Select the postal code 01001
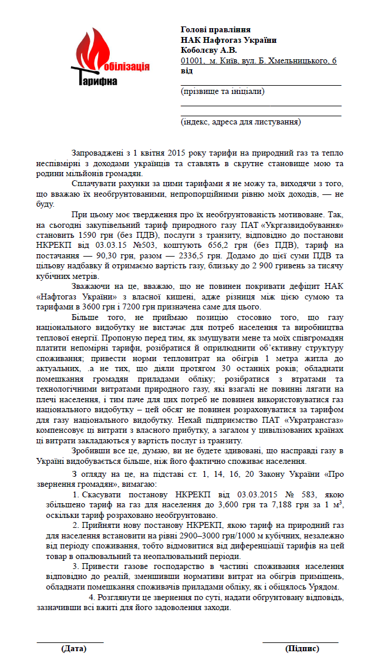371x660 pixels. click(x=192, y=60)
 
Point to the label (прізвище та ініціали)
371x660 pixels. click(x=222, y=92)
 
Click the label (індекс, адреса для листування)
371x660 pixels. click(x=241, y=122)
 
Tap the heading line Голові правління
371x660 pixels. click(x=215, y=30)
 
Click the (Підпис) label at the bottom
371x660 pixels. click(x=302, y=649)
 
